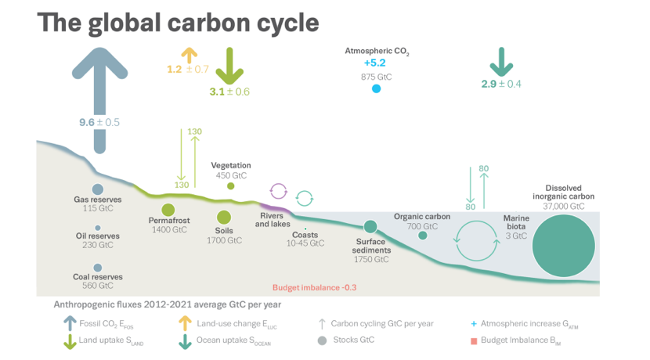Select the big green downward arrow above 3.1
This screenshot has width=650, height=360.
tap(229, 66)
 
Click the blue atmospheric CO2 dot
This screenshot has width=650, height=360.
tap(376, 89)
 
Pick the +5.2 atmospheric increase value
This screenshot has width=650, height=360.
tap(376, 63)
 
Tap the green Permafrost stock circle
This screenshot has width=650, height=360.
tap(168, 211)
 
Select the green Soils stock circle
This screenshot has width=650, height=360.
tap(224, 217)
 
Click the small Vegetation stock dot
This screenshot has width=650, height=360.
tap(230, 186)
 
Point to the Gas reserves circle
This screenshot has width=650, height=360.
tap(98, 189)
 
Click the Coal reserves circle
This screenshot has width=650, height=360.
tap(98, 268)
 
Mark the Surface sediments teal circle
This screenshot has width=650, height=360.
tap(370, 226)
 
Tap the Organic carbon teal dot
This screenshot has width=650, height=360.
tap(423, 235)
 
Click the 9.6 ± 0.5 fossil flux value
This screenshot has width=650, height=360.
tap(99, 122)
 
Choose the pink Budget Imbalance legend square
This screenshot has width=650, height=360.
tap(475, 340)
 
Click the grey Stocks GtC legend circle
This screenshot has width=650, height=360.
tap(322, 340)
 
